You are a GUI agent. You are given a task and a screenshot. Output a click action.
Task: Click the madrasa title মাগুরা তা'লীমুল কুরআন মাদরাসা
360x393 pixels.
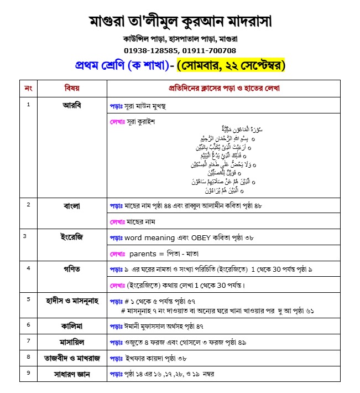point(180,22)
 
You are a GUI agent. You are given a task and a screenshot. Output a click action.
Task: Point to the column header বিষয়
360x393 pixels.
point(72,88)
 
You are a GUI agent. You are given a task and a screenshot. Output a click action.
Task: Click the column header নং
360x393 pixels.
point(29,88)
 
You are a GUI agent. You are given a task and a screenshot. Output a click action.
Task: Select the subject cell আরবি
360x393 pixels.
point(72,105)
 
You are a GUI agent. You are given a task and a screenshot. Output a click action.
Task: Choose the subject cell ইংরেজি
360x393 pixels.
point(72,237)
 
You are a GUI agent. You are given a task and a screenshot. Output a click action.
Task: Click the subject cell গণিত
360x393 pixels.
point(72,269)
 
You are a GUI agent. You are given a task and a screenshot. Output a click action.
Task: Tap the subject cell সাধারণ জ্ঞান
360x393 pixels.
point(72,374)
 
